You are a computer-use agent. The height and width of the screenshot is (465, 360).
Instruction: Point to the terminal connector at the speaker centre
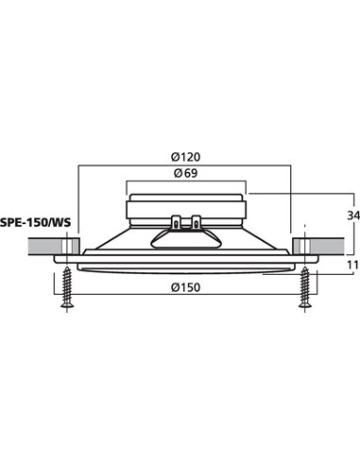coord(186,224)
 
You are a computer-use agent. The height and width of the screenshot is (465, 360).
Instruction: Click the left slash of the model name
coord(53,223)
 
